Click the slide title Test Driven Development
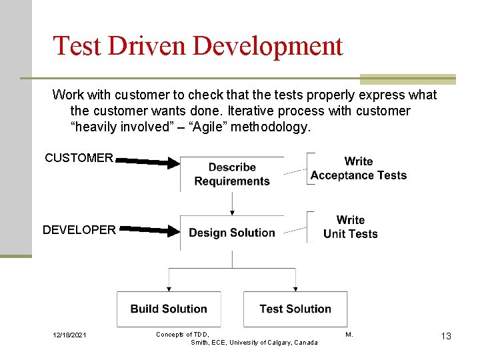tap(197, 46)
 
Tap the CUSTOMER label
tap(79, 158)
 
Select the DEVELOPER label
tap(79, 230)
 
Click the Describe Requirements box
tap(232, 174)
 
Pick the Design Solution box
tap(232, 233)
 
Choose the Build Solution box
tap(169, 309)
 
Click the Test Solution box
tap(295, 309)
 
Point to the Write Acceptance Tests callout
tap(359, 169)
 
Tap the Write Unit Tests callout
tap(350, 227)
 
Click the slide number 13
tap(445, 336)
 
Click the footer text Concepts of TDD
tap(183, 334)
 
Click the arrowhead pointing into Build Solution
tap(169, 289)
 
